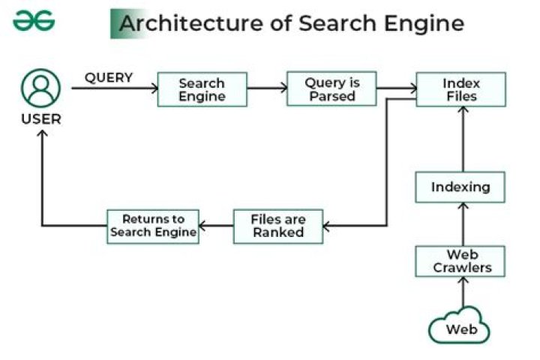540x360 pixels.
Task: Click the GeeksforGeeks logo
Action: [x=34, y=22]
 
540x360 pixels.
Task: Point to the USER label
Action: [x=40, y=119]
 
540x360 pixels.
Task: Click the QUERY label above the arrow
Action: [x=109, y=77]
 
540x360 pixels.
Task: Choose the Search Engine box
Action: [x=202, y=89]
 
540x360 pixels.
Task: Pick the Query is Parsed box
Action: [x=331, y=89]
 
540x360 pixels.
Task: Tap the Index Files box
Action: [x=460, y=89]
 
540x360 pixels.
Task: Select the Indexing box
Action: [x=460, y=187]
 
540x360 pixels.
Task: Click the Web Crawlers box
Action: [x=460, y=261]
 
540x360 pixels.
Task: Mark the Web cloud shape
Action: [x=459, y=328]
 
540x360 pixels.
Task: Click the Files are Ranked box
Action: [x=277, y=226]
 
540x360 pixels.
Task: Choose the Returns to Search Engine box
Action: [x=153, y=226]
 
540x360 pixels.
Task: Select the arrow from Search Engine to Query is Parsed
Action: [x=267, y=88]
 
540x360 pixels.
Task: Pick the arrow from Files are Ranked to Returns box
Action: [x=216, y=226]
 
